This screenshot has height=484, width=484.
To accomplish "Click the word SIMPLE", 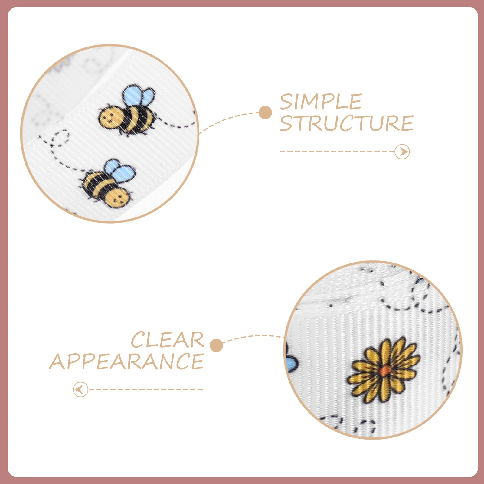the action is (321, 102).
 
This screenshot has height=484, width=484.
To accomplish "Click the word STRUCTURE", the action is (347, 123).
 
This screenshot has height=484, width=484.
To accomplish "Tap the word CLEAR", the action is (168, 340).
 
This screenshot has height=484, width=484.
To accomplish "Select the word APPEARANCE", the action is (127, 361).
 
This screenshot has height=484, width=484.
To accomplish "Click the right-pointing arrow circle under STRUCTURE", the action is (402, 152).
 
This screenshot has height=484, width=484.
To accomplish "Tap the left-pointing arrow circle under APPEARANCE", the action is (80, 389).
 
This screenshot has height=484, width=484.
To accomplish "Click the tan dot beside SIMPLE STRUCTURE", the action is (265, 113).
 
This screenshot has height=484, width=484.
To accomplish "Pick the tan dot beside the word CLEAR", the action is (216, 345).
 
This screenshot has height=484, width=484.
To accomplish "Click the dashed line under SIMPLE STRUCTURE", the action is (337, 152).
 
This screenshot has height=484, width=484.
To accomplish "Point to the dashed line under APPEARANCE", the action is (146, 389).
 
